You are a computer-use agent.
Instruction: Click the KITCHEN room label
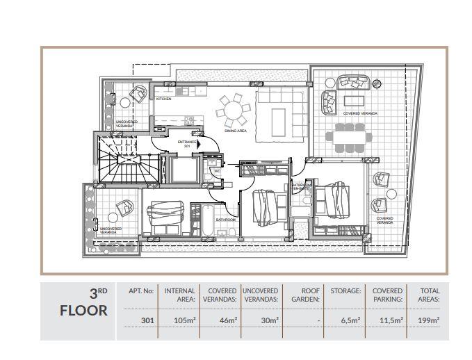(x=163, y=99)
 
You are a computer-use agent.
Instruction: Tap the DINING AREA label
(x=236, y=130)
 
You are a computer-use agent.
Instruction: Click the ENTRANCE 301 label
(x=187, y=144)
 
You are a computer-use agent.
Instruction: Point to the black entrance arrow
(x=200, y=144)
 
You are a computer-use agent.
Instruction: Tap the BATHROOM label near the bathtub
(x=225, y=220)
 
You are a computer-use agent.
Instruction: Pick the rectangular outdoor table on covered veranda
(x=352, y=136)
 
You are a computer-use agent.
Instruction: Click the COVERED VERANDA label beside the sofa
(x=360, y=113)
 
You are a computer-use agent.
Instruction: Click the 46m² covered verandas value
(x=221, y=320)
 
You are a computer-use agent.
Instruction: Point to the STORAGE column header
(x=345, y=291)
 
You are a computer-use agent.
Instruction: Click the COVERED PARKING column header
(x=387, y=295)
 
